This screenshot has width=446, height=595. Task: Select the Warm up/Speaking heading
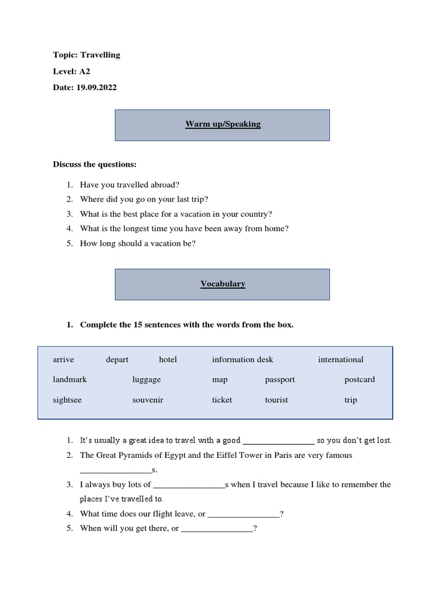[222, 124]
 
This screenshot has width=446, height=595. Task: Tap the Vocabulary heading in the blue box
[222, 284]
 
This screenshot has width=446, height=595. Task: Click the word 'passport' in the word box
[280, 379]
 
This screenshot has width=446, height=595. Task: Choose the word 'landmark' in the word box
[70, 379]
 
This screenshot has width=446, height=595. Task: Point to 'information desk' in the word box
[242, 360]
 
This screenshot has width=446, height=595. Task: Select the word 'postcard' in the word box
[359, 379]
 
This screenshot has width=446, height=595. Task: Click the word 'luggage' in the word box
[146, 379]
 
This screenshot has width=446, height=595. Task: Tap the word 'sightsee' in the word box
[68, 400]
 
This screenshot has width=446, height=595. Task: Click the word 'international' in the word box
[340, 360]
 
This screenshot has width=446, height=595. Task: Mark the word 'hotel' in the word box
[168, 360]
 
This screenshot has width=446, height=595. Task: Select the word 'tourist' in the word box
[276, 400]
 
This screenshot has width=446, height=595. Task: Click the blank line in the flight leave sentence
[243, 514]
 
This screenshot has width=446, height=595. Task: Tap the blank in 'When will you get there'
[217, 529]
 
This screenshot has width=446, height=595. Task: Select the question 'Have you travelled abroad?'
[130, 184]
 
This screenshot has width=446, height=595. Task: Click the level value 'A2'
[85, 71]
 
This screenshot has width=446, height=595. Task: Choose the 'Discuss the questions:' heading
[95, 164]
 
